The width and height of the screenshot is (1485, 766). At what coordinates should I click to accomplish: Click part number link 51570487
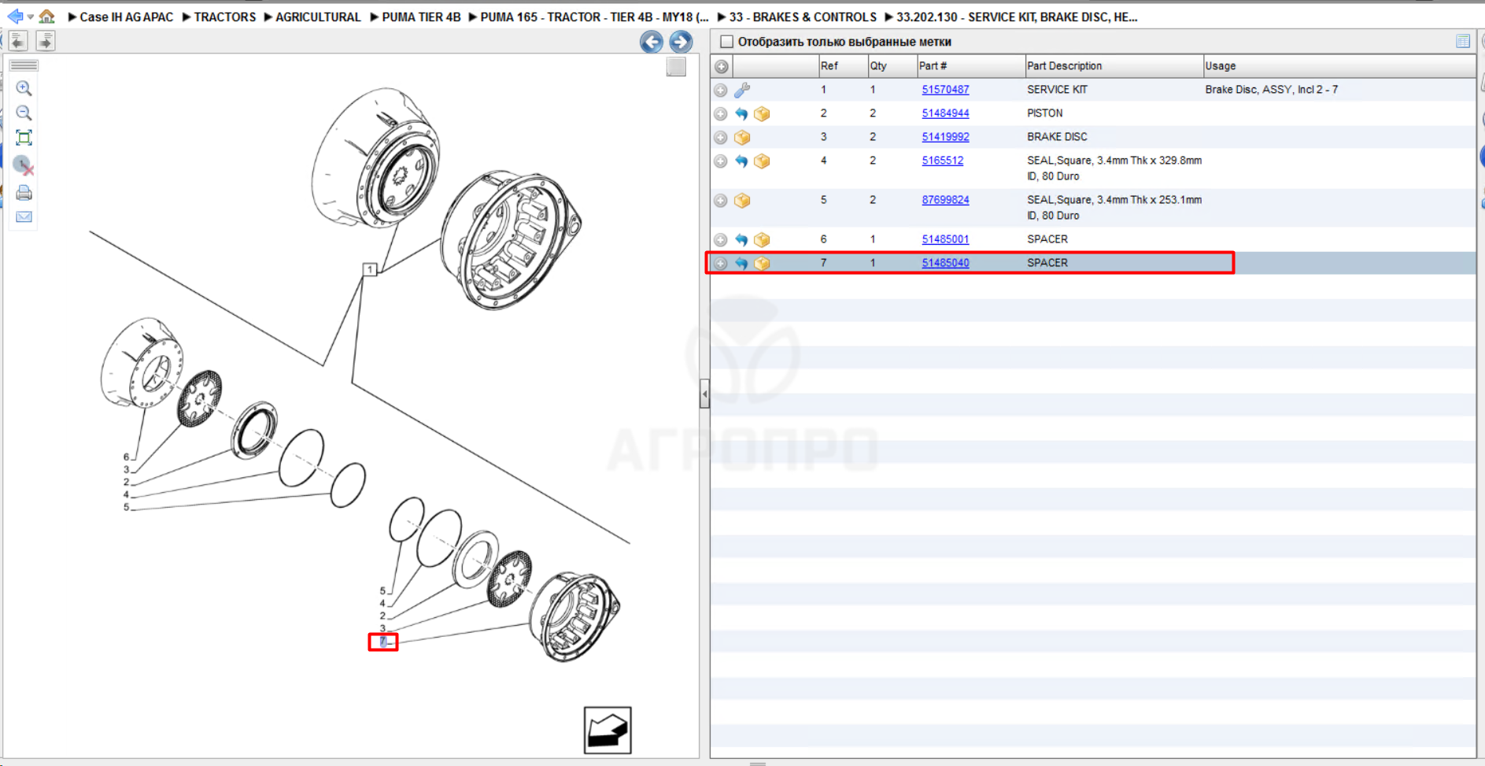tap(945, 90)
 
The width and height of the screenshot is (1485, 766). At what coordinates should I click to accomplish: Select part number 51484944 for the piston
tap(945, 113)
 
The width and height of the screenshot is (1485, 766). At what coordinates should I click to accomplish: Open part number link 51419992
tap(945, 137)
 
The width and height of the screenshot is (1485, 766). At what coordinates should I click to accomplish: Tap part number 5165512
tap(942, 161)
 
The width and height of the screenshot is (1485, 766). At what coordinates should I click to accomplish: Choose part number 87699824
tap(945, 200)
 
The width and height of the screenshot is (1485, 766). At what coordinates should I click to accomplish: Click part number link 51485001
tap(945, 239)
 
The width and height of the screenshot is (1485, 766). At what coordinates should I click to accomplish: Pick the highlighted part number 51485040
tap(945, 263)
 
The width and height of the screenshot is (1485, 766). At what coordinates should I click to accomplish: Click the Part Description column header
tap(1064, 66)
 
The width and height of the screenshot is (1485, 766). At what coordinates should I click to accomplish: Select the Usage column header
tap(1220, 66)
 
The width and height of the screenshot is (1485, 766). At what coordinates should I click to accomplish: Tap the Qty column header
tap(878, 66)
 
